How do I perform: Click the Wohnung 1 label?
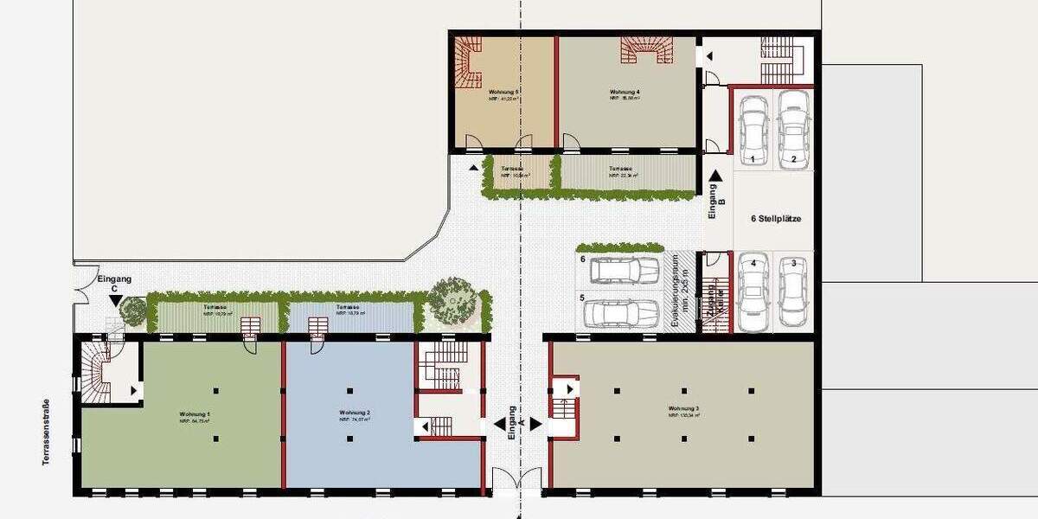(x=195, y=414)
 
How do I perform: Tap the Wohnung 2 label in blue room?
(x=355, y=413)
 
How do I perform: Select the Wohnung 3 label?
(x=683, y=408)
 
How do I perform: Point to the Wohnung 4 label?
(x=625, y=92)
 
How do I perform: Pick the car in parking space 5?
(x=623, y=313)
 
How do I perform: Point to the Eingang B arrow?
(x=714, y=176)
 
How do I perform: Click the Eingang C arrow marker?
(x=116, y=300)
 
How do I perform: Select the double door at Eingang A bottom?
(x=517, y=481)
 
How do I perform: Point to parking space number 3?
(x=791, y=263)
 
